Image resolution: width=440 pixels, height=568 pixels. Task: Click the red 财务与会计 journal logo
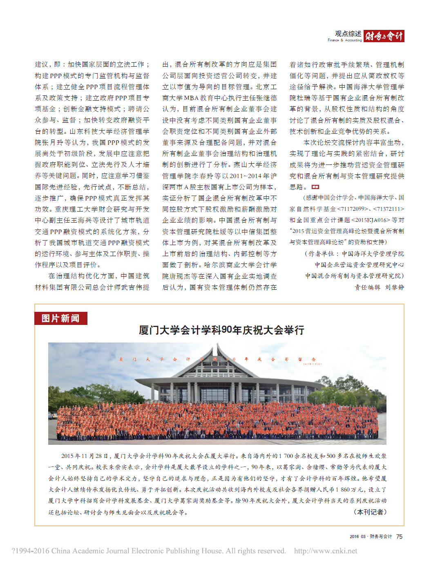(384, 36)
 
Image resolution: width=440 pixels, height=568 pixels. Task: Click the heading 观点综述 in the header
(348, 34)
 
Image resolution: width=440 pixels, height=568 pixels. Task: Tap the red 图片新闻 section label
(61, 318)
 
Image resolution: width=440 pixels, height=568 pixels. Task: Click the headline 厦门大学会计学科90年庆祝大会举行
(221, 330)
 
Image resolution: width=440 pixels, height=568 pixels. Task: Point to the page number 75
(399, 536)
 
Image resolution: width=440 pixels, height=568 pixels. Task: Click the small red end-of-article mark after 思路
(315, 187)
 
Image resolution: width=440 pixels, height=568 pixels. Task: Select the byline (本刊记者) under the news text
(369, 512)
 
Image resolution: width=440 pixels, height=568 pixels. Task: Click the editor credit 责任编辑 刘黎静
(379, 287)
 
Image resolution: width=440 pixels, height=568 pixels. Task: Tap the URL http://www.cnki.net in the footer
(326, 551)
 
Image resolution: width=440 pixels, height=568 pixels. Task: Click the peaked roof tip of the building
(212, 345)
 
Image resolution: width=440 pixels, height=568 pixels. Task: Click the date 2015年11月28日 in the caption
(85, 456)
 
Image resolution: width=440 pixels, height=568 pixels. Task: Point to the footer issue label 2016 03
(357, 536)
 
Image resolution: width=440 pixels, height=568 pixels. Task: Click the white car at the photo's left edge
(53, 415)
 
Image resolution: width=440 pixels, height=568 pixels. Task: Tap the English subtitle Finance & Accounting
(344, 40)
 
